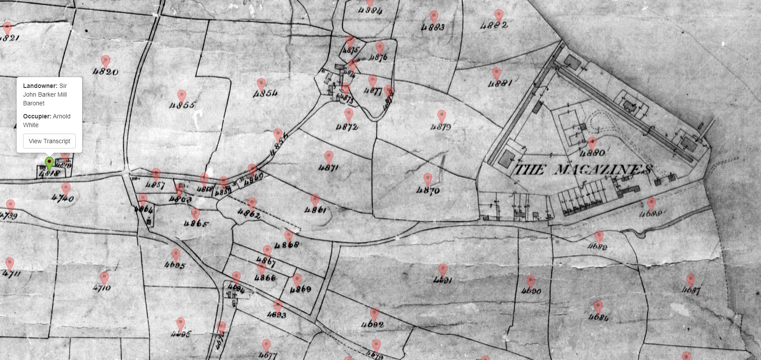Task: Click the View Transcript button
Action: pyautogui.click(x=49, y=141)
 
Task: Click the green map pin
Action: pyautogui.click(x=49, y=163)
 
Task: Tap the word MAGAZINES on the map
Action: pyautogui.click(x=603, y=170)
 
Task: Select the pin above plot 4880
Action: pyautogui.click(x=592, y=143)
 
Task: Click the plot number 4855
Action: pyautogui.click(x=183, y=105)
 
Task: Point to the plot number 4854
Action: pyautogui.click(x=265, y=93)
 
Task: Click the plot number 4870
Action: pyautogui.click(x=428, y=190)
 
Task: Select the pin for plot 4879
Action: pyautogui.click(x=442, y=116)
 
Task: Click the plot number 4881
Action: pyautogui.click(x=500, y=83)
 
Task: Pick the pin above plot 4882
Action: pyautogui.click(x=499, y=16)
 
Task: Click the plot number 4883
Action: pyautogui.click(x=433, y=27)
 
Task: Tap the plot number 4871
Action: pyautogui.click(x=329, y=168)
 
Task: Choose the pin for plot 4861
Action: pyautogui.click(x=315, y=200)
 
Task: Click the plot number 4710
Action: pyautogui.click(x=102, y=287)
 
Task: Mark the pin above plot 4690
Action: pyautogui.click(x=530, y=281)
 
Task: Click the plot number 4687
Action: pyautogui.click(x=691, y=290)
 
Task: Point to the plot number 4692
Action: pyautogui.click(x=372, y=324)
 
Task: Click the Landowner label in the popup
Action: pyautogui.click(x=40, y=86)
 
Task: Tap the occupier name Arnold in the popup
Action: pyautogui.click(x=61, y=116)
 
